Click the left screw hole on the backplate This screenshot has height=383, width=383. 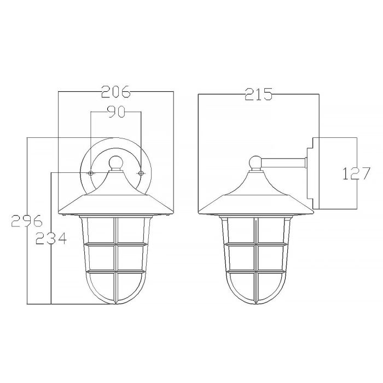point(91,173)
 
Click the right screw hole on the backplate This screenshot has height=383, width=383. point(141,173)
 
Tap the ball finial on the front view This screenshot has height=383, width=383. point(115,162)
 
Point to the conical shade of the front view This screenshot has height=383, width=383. point(115,197)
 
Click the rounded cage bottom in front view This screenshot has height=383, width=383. point(115,293)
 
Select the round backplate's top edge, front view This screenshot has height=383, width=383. point(115,138)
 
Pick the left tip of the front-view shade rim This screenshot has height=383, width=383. point(59,212)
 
